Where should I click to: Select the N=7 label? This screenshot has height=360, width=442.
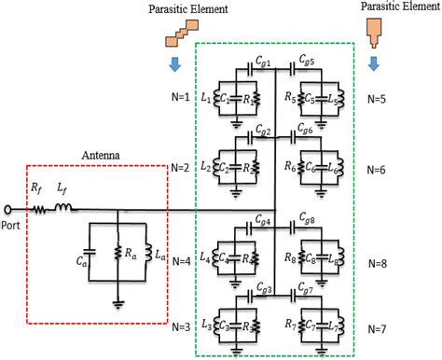click(x=379, y=329)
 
